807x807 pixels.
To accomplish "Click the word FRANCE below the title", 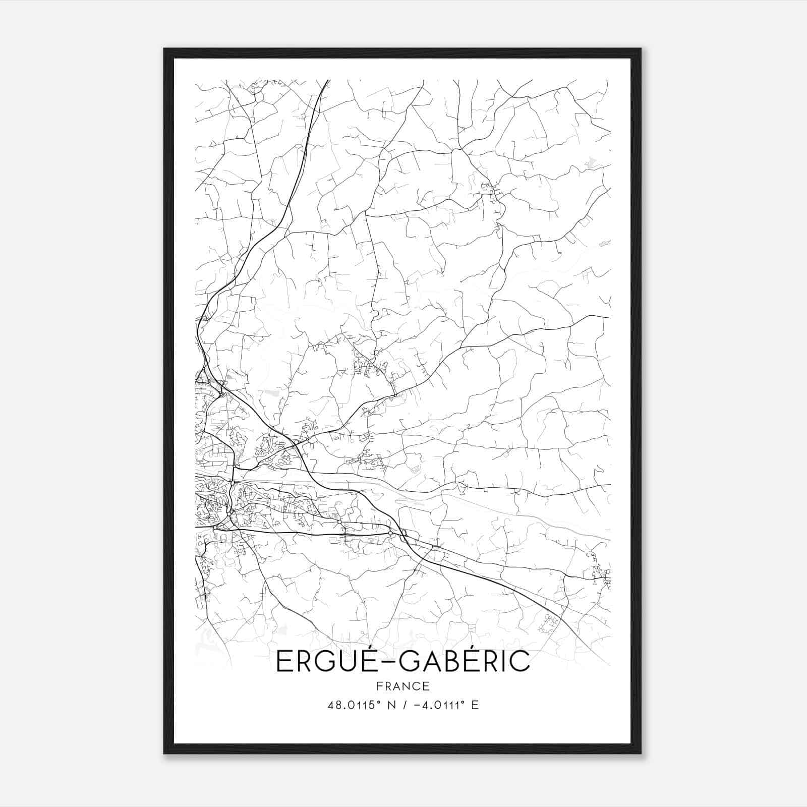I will (403, 686).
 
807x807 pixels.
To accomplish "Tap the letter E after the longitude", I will (475, 705).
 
